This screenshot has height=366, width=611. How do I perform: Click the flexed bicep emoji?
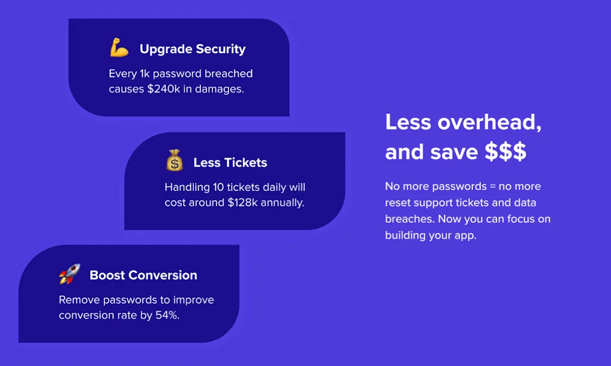(x=119, y=48)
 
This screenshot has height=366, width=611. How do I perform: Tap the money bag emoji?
(x=175, y=160)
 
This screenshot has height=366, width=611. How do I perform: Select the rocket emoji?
(x=69, y=273)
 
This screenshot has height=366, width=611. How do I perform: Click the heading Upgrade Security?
(x=193, y=49)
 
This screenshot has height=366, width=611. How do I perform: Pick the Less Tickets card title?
(x=230, y=162)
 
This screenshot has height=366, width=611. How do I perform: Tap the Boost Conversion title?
(x=143, y=275)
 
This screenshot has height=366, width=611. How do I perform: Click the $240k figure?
(x=163, y=89)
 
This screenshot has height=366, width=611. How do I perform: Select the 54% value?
(x=167, y=315)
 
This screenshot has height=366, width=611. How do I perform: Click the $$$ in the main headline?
(x=505, y=152)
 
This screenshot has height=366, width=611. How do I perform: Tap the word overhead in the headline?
(x=489, y=122)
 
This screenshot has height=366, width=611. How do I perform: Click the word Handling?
(x=187, y=187)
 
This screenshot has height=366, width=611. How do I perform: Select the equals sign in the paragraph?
(x=492, y=186)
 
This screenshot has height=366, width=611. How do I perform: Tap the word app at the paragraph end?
(x=467, y=236)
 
